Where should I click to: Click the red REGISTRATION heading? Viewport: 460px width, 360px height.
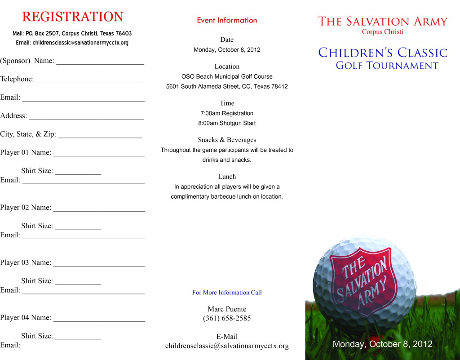coord(73,17)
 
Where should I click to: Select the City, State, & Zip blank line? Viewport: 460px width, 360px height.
coord(100,137)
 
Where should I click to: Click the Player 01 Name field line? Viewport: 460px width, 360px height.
coord(99,155)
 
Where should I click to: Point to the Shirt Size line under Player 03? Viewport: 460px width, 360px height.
coord(78,284)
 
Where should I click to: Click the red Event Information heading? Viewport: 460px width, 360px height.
coord(227,20)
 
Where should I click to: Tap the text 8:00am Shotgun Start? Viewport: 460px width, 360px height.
coord(227,123)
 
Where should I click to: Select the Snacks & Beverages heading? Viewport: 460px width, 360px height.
coord(227,140)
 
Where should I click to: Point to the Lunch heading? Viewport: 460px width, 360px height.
coord(227,177)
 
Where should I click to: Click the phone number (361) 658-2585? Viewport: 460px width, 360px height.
coord(227,319)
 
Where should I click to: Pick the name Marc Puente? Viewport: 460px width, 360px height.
coord(227,309)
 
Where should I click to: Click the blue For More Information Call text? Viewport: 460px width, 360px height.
coord(227,293)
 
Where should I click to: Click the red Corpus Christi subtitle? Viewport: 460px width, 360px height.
coord(383,32)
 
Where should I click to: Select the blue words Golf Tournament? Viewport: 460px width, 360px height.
coord(387,66)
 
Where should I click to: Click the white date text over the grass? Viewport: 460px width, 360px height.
coord(382,344)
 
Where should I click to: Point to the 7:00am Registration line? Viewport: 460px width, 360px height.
coord(227,113)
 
